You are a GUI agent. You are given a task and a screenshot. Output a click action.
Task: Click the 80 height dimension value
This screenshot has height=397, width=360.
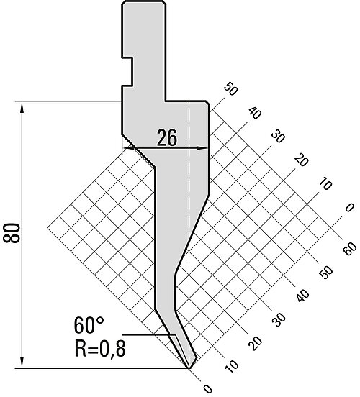click(x=12, y=233)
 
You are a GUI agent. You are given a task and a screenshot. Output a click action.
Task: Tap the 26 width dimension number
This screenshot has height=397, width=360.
click(x=166, y=138)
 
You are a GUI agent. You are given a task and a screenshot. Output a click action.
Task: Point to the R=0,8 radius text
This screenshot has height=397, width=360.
click(x=100, y=349)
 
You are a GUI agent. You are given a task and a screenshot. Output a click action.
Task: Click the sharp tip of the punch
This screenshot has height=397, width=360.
click(x=189, y=368)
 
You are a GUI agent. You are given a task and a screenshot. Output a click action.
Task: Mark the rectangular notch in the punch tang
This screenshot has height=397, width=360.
click(x=127, y=72)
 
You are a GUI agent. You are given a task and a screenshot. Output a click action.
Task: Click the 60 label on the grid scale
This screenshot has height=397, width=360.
click(x=350, y=248)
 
